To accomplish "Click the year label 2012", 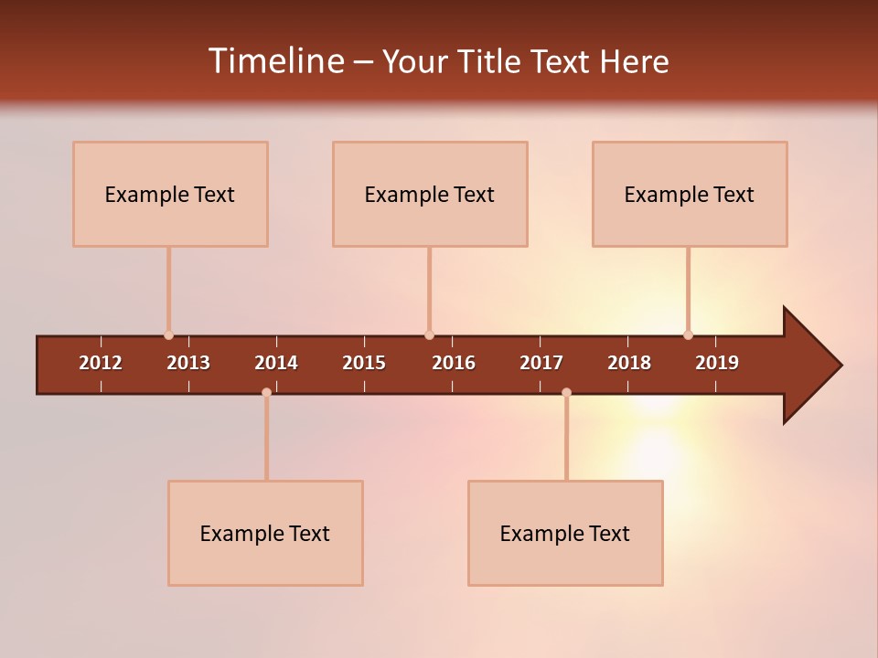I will [101, 363].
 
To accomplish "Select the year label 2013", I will [188, 363].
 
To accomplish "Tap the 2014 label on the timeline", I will [276, 363].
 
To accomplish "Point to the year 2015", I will [364, 363].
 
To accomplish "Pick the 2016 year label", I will [454, 363].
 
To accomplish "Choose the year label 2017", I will [541, 363].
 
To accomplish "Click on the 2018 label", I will [629, 363].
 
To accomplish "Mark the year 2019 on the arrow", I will [717, 363].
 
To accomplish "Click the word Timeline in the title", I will [275, 61].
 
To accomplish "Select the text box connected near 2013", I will [170, 194].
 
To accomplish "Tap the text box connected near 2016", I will [430, 194].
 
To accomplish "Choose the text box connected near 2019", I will [690, 194].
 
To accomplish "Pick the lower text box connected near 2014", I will [265, 533].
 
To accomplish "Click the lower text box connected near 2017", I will [565, 533].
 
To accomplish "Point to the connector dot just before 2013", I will [168, 335].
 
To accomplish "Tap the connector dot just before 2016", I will [429, 335].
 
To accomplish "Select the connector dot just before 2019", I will [688, 335].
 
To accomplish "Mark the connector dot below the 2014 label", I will [266, 392].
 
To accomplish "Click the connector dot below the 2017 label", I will [566, 392].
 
